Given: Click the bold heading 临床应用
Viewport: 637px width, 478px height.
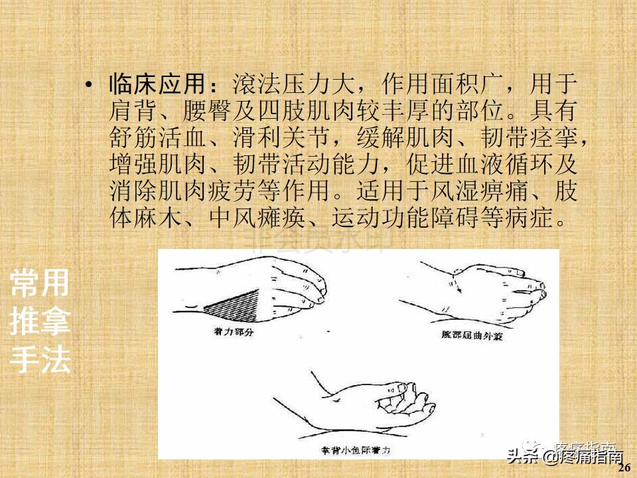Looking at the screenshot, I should click(157, 85).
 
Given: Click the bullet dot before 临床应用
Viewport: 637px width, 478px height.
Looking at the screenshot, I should click(88, 86).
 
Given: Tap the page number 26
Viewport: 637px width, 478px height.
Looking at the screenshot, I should click(623, 467).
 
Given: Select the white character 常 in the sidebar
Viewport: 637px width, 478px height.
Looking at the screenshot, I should click(25, 284).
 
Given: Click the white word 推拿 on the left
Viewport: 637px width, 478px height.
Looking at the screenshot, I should click(40, 323).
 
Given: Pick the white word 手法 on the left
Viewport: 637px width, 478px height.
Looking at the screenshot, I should click(40, 361).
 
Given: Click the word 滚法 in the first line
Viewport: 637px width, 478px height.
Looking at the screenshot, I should click(256, 85).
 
